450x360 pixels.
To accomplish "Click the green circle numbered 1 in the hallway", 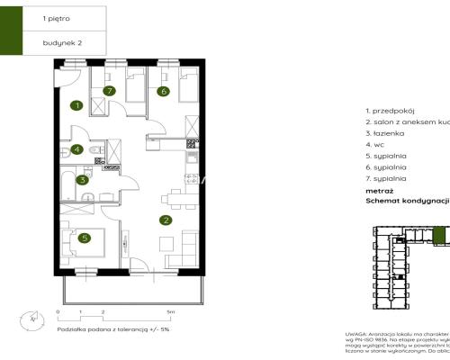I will (77, 105).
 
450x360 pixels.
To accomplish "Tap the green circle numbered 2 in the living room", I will (165, 219).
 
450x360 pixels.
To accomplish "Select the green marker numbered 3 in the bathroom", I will (82, 180).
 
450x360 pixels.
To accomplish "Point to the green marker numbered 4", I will (77, 149).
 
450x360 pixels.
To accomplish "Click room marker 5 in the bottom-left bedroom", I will (84, 238).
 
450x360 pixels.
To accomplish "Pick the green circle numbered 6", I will (164, 90).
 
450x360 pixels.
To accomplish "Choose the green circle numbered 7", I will (109, 90).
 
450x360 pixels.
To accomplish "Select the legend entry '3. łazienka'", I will (385, 132).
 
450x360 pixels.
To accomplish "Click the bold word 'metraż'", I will (379, 192).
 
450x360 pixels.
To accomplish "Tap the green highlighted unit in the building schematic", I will (438, 237).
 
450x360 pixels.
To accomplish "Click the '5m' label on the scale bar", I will (183, 311).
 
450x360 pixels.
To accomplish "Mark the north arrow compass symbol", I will (33, 316).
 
